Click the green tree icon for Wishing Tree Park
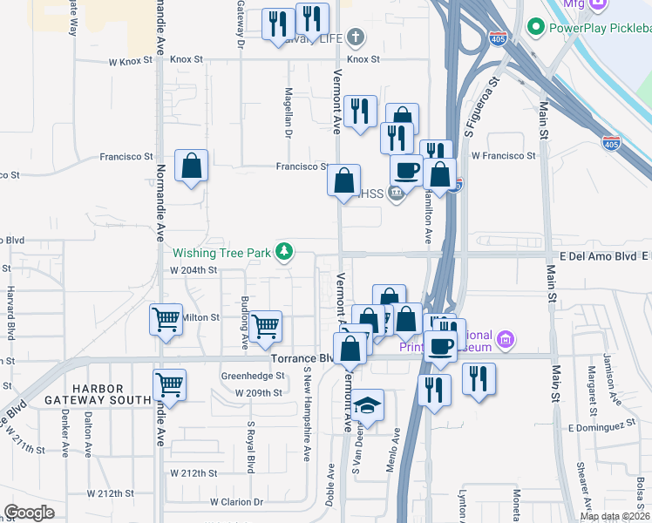283,253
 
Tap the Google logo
29,513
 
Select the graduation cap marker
368,406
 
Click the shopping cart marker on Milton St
166,319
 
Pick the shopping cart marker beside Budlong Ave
266,327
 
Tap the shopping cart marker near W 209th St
169,384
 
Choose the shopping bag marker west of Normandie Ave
191,166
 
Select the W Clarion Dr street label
236,502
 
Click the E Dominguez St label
598,427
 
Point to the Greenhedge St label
253,376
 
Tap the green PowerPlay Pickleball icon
536,27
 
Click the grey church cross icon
355,37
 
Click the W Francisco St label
503,155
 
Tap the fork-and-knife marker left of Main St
479,379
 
